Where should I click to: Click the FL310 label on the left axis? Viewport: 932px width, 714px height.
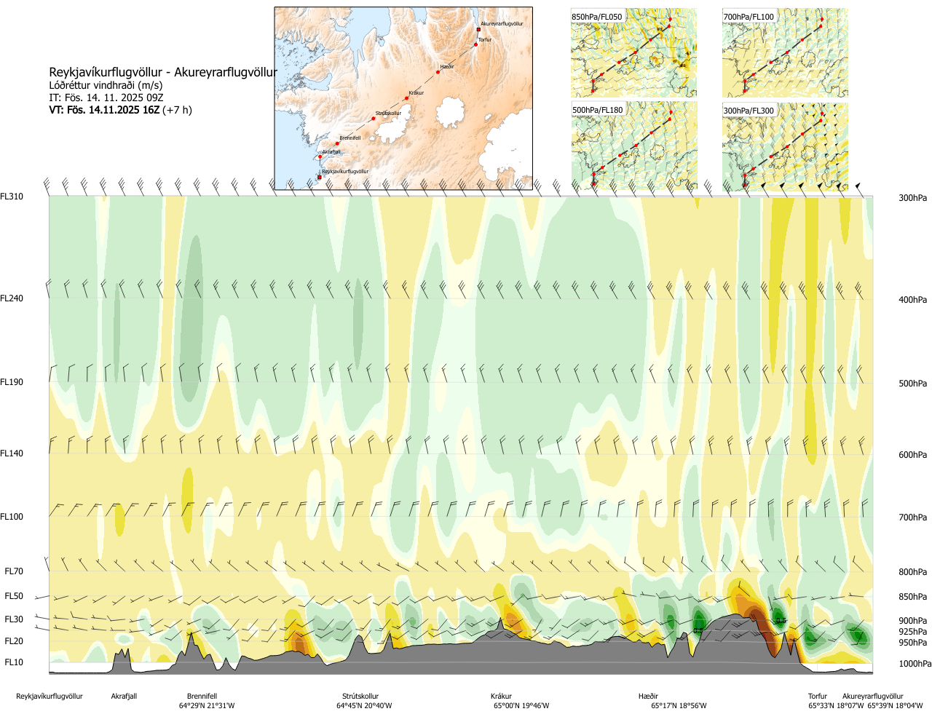12,197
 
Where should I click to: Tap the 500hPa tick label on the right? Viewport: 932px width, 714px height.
912,384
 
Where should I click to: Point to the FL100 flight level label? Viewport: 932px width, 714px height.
12,517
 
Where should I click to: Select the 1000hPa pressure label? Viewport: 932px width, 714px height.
915,664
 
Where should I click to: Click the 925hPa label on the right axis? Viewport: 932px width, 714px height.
912,632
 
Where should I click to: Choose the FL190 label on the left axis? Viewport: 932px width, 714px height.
12,382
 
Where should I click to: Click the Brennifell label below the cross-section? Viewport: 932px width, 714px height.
202,697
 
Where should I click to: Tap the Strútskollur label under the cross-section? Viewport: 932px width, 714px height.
360,697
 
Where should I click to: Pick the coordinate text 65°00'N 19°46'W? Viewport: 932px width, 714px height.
521,706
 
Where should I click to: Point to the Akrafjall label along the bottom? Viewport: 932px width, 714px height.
124,697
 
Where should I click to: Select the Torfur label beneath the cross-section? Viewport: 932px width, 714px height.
818,697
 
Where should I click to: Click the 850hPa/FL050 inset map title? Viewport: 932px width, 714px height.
597,17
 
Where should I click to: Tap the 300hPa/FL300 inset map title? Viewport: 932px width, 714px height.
749,111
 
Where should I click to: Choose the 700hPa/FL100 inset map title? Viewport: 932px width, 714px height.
749,17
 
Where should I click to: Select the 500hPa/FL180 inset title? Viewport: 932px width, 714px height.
598,111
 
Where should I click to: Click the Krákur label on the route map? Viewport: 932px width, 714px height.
416,93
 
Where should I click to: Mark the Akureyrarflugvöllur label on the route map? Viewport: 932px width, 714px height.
502,24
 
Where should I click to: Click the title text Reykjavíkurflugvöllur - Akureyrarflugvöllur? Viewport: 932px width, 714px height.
163,72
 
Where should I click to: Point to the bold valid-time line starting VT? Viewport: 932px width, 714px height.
120,110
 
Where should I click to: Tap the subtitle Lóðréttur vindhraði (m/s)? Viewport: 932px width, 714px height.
106,85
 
